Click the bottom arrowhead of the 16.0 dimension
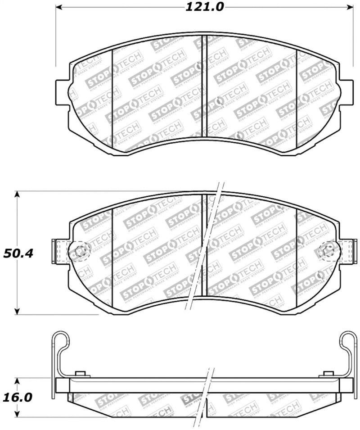[17, 414]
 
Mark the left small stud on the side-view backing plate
[81, 374]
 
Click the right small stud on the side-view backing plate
[328, 374]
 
